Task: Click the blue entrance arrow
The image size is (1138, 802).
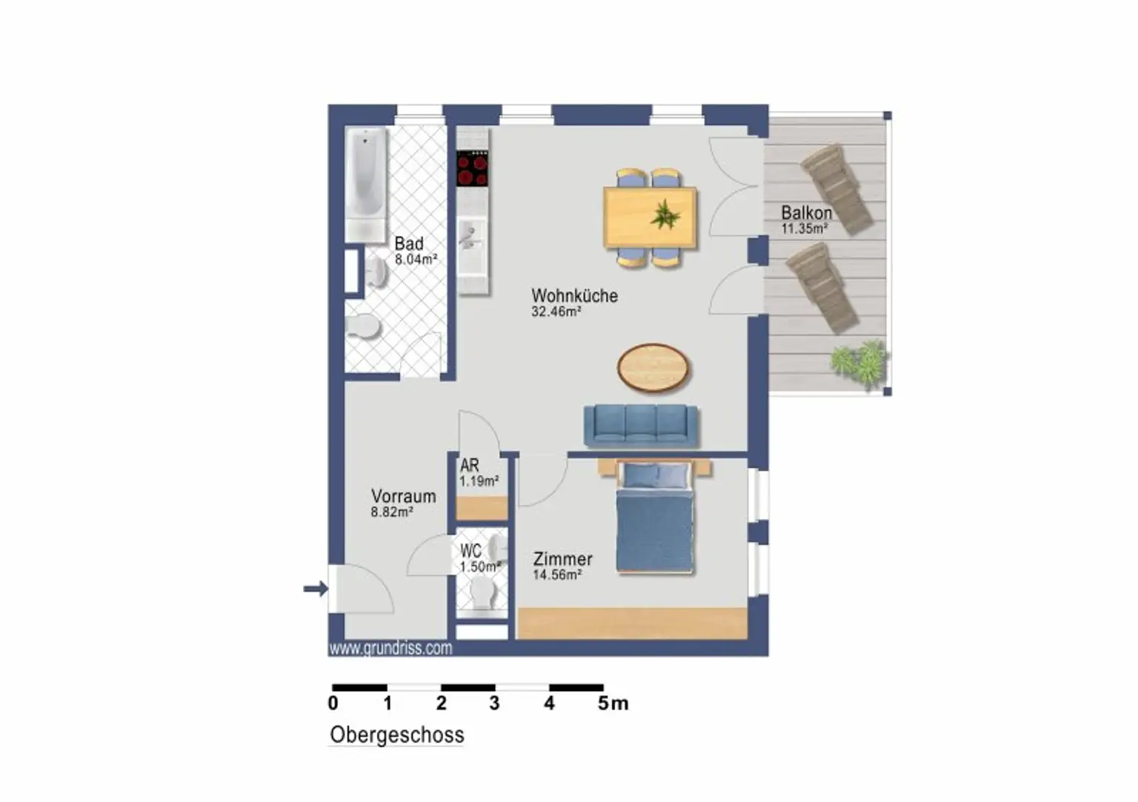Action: tap(316, 589)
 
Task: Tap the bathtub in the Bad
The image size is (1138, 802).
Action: tap(366, 185)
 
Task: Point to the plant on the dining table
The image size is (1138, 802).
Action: tap(665, 214)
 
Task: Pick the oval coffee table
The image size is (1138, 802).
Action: tap(653, 368)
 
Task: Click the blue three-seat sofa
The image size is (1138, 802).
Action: tap(641, 426)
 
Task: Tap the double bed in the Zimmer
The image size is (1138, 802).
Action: tap(655, 517)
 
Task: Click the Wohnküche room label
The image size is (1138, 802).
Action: tap(575, 295)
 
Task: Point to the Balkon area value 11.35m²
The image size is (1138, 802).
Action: tap(805, 229)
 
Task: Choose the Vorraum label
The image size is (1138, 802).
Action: tap(403, 496)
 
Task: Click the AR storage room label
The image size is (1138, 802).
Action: tap(470, 465)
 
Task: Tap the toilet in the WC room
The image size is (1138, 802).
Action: tap(483, 594)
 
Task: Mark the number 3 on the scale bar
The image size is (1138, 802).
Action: tap(494, 704)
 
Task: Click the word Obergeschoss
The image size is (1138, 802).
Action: tap(397, 735)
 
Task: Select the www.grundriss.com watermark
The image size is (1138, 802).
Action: tap(390, 649)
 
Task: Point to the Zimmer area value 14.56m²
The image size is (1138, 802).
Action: tap(557, 575)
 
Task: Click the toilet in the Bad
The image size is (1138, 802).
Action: tap(363, 326)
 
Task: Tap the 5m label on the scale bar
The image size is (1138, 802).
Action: tap(613, 704)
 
